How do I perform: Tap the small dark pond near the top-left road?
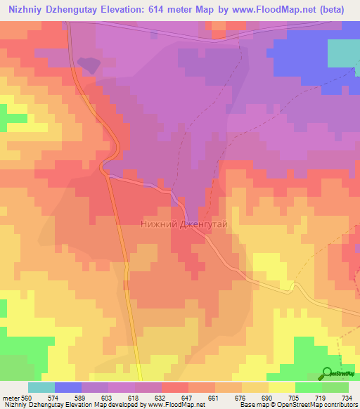pyautogui.click(x=89, y=65)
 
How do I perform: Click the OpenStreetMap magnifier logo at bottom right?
pyautogui.click(x=328, y=372)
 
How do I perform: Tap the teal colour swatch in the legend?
pyautogui.click(x=41, y=387)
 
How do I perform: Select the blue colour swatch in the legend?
pyautogui.click(x=67, y=387)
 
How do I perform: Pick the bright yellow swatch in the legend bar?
pyautogui.click(x=282, y=387)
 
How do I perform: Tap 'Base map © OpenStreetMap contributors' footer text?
pyautogui.click(x=297, y=405)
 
